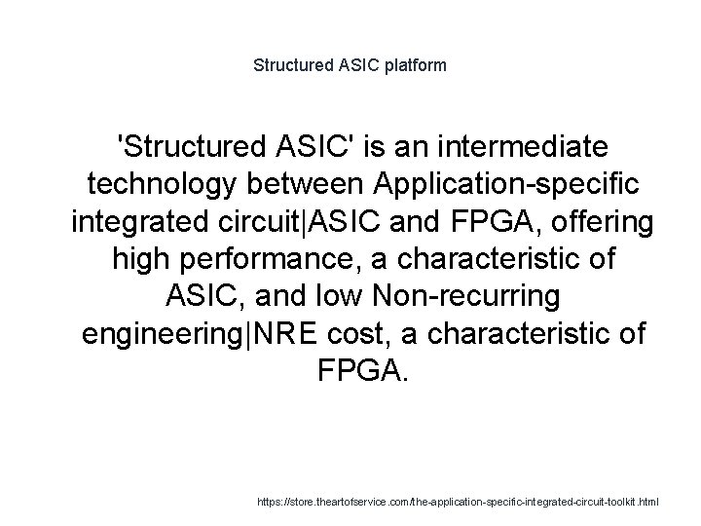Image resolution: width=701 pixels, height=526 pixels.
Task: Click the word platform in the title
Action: tap(415, 66)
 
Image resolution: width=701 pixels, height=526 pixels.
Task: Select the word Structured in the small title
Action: tap(290, 66)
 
